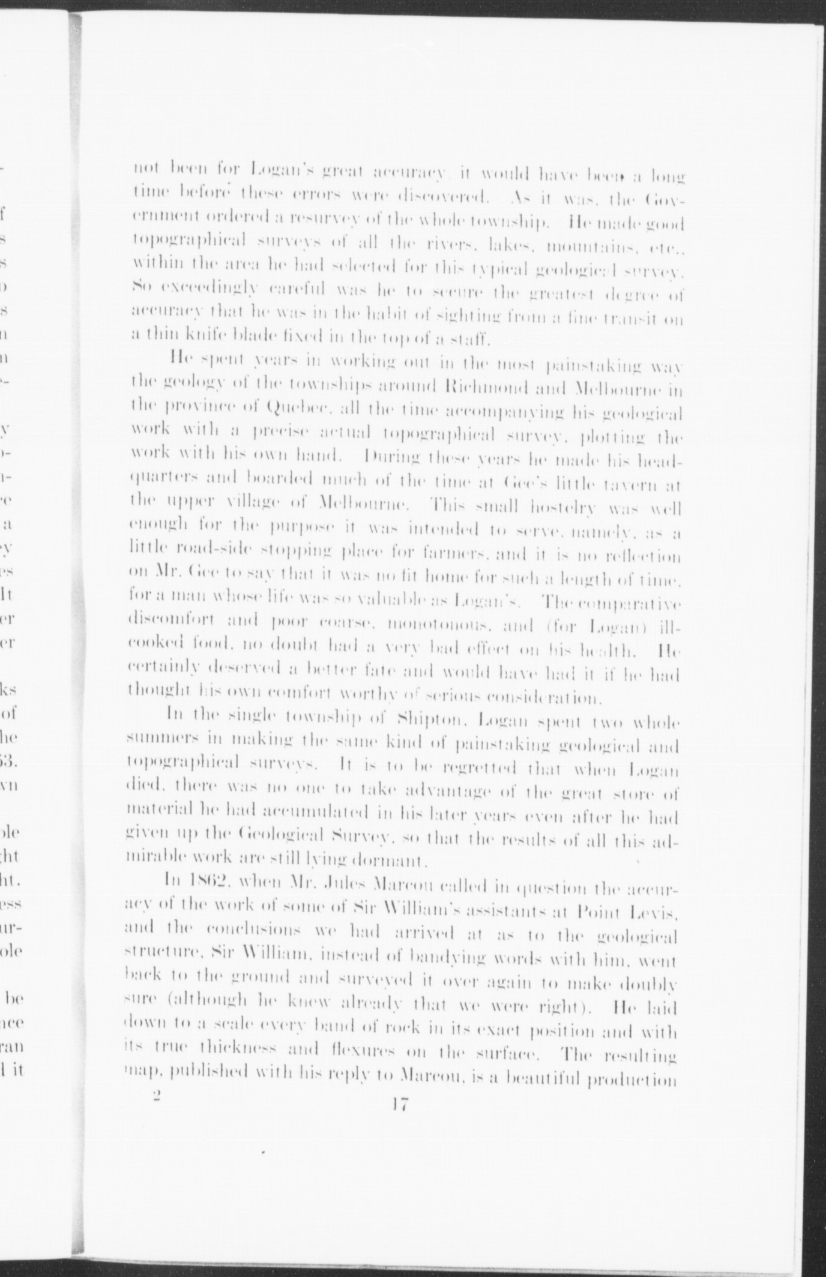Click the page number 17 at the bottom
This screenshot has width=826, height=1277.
click(399, 1104)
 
